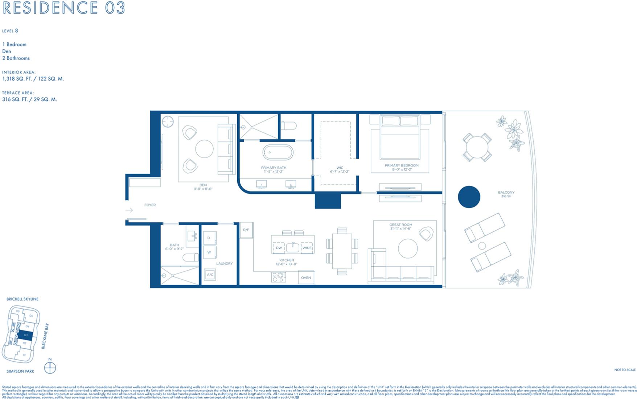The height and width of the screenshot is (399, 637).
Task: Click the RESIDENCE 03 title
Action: [x=64, y=8]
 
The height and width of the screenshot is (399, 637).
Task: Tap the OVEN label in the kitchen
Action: [x=306, y=278]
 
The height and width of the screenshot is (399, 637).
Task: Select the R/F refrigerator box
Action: [x=246, y=230]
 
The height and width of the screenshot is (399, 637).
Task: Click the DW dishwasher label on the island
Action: [x=279, y=248]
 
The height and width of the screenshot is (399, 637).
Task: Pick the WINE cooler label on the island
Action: [x=307, y=248]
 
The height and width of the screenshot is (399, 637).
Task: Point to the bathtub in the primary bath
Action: [x=278, y=153]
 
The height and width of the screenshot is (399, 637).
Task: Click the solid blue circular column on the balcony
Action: [x=469, y=197]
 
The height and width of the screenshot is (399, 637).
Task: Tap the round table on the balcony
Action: [x=477, y=147]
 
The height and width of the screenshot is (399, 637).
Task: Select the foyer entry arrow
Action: [x=129, y=210]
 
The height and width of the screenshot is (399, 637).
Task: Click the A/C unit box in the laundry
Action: [x=210, y=275]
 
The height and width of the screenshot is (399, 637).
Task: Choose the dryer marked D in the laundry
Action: [x=209, y=238]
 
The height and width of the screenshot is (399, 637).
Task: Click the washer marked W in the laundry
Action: [x=209, y=252]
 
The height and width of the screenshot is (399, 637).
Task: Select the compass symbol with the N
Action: [x=50, y=367]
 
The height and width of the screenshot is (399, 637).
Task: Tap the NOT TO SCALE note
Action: [x=625, y=370]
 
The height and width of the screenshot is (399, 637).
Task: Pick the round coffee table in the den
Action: [x=204, y=149]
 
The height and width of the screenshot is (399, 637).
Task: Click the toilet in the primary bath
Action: [x=289, y=126]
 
